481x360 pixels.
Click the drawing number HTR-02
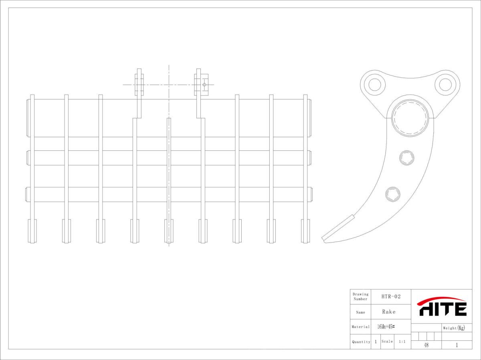click(391, 297)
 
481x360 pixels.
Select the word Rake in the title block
click(388, 311)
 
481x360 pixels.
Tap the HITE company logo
click(442, 307)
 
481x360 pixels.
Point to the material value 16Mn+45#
click(386, 327)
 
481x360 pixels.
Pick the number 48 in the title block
click(426, 345)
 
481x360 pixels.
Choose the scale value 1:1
click(402, 342)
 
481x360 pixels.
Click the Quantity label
click(361, 342)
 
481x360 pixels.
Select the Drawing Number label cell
click(360, 297)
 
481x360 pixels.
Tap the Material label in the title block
click(361, 327)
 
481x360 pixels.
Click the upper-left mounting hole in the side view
click(375, 85)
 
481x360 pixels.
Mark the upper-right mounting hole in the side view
click(445, 85)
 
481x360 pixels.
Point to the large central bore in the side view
click(410, 117)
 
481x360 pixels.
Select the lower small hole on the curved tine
click(392, 194)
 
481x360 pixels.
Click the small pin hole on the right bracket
click(204, 85)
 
